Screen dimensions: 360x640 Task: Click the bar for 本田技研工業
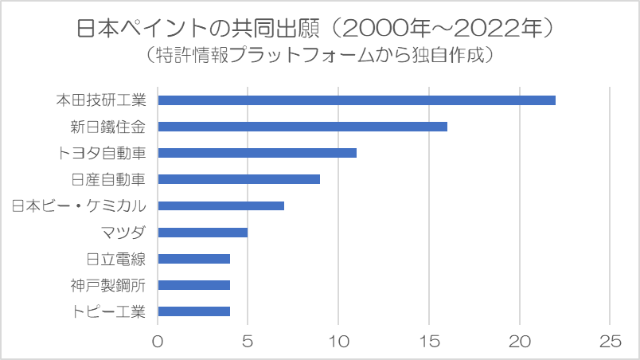357,100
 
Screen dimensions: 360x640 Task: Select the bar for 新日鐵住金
302,127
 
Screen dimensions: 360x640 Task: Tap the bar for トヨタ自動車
257,153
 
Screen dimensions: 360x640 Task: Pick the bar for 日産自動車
239,179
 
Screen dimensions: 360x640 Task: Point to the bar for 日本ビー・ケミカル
221,205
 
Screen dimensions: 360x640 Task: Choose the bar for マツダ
203,233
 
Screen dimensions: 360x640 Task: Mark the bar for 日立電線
194,259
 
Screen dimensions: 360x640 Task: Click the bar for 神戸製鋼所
194,285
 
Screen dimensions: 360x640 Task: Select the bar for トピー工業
194,311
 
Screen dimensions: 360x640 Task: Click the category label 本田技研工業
101,100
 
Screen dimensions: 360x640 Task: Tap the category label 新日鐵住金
110,127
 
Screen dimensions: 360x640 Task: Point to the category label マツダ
123,233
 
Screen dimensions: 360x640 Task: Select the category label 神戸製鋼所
110,285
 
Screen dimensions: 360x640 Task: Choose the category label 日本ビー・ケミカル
79,205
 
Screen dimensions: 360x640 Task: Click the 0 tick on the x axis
158,341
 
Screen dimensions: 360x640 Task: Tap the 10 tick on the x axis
338,341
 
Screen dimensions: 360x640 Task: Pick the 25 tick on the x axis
610,341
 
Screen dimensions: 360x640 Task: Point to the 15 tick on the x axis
429,341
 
